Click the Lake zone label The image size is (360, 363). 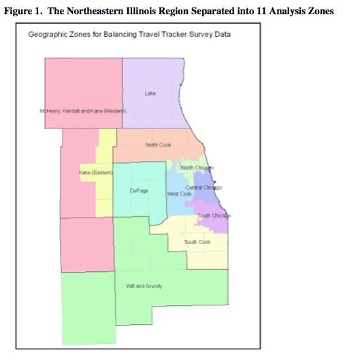[x=151, y=94]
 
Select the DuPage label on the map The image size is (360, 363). [x=139, y=191]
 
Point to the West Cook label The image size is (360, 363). [x=180, y=194]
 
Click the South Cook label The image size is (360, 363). [x=197, y=242]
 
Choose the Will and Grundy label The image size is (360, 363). [x=144, y=286]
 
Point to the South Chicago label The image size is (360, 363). [x=214, y=215]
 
